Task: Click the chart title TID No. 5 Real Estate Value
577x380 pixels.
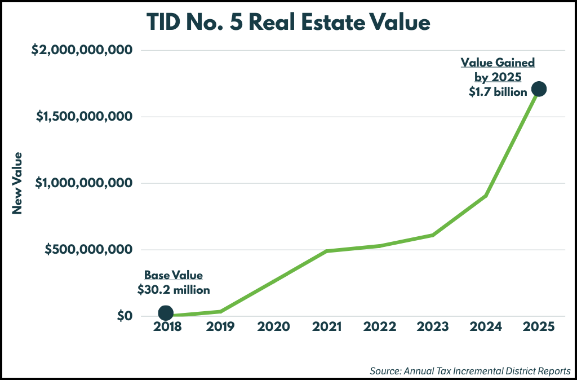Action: (288, 23)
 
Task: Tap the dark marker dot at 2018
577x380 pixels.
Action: (166, 313)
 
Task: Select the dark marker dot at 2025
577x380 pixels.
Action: (539, 89)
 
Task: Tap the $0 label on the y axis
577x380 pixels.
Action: (125, 316)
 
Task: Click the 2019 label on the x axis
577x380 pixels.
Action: (220, 327)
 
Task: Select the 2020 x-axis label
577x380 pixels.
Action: (273, 327)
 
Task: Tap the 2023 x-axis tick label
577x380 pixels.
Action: (432, 327)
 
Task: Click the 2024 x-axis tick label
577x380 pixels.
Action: (486, 327)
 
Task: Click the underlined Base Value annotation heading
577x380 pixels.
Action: (174, 276)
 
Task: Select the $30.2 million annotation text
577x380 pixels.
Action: (174, 290)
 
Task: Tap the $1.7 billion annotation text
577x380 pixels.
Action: (498, 92)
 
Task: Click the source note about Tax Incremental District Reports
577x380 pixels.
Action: (471, 371)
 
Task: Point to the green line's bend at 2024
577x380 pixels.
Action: (486, 196)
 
